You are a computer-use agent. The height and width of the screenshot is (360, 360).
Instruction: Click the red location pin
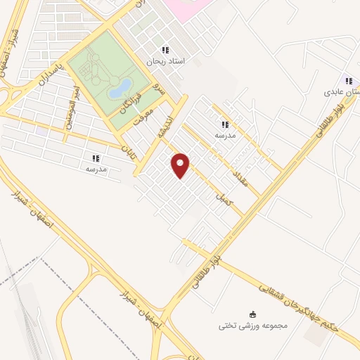point(181,165)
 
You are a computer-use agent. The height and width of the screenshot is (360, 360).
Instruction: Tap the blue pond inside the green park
point(120,88)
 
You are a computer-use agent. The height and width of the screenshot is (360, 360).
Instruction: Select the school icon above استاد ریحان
point(165,50)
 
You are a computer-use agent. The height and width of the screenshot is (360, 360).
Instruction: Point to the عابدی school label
point(342,91)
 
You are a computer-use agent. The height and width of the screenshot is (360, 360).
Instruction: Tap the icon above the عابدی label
point(347,80)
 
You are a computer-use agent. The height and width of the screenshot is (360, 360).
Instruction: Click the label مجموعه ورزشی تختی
point(252,326)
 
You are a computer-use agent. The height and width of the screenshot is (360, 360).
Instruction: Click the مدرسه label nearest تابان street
point(96,169)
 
